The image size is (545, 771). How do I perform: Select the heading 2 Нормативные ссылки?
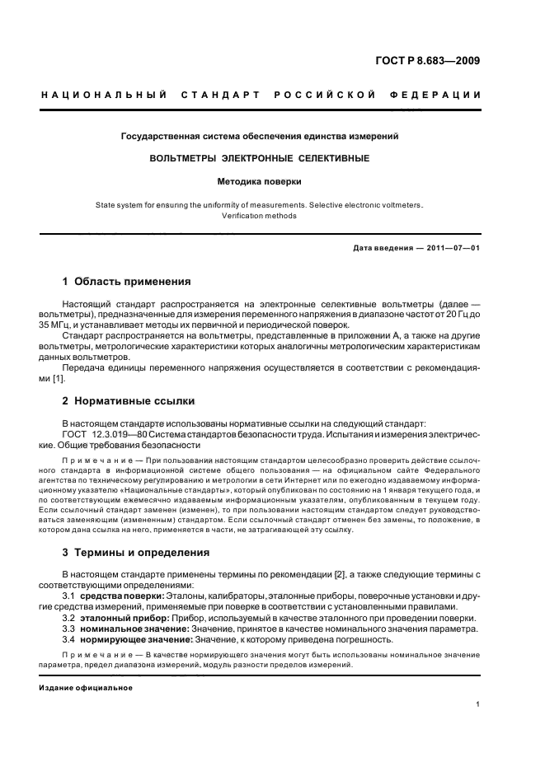(x=129, y=401)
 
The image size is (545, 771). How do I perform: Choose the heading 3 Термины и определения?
(x=136, y=552)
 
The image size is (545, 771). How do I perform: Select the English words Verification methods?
(x=260, y=216)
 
